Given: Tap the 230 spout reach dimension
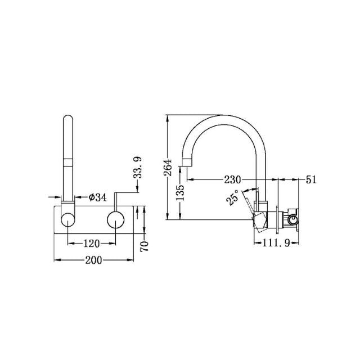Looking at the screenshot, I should (x=231, y=180).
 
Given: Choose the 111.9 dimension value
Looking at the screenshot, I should (x=276, y=243).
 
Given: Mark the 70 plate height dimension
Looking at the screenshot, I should (x=144, y=246).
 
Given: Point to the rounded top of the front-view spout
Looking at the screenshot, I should (x=68, y=120).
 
